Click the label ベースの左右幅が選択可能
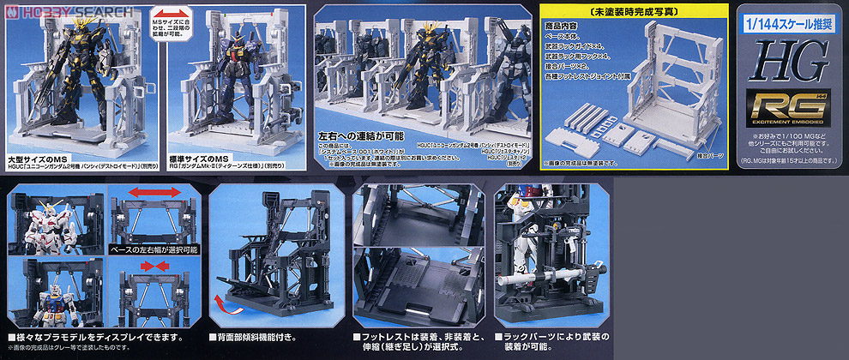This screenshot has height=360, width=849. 152,249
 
